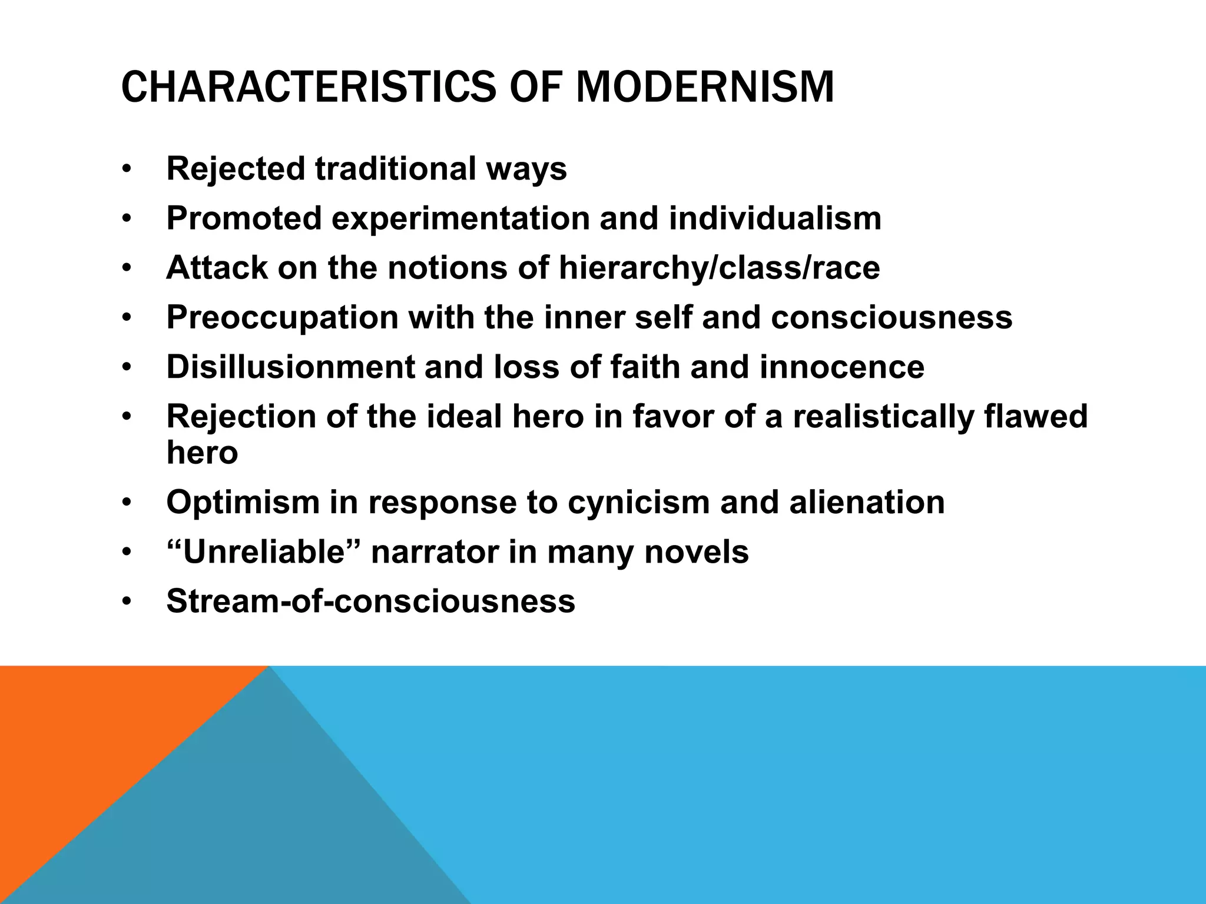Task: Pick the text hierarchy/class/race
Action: coord(719,268)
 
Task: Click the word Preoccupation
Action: coord(282,317)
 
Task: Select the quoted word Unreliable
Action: coord(263,552)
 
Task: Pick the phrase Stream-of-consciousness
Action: coord(370,601)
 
